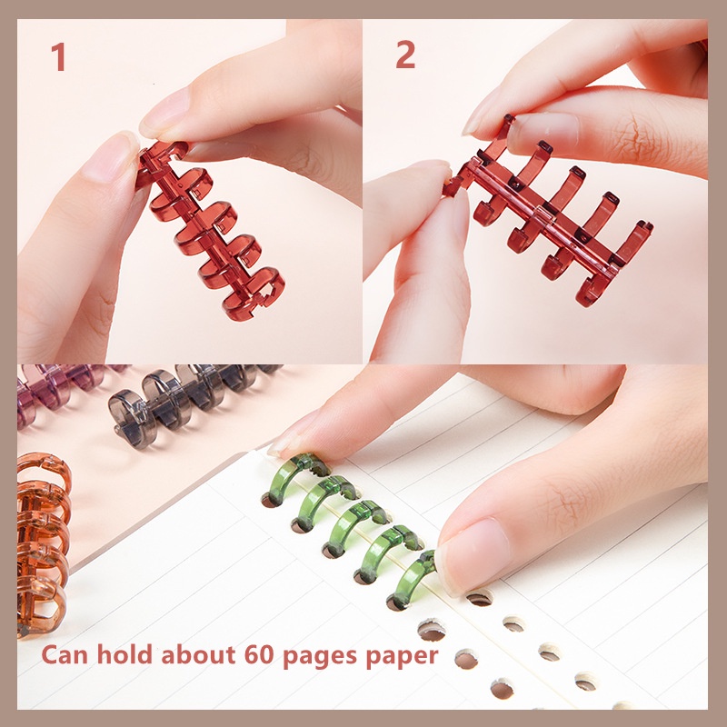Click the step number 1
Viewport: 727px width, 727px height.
[58, 56]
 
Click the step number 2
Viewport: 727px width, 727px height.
[405, 55]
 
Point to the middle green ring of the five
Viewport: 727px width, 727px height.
[350, 528]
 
